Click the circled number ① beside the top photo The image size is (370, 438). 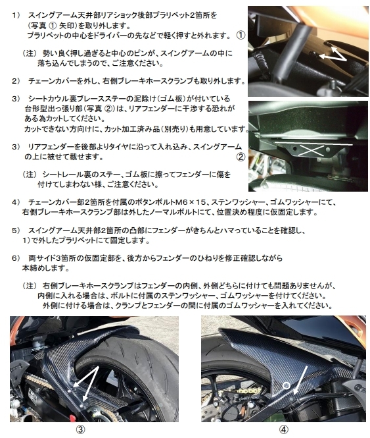point(241,34)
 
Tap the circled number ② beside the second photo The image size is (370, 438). point(241,157)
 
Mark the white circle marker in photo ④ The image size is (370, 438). point(286,384)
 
